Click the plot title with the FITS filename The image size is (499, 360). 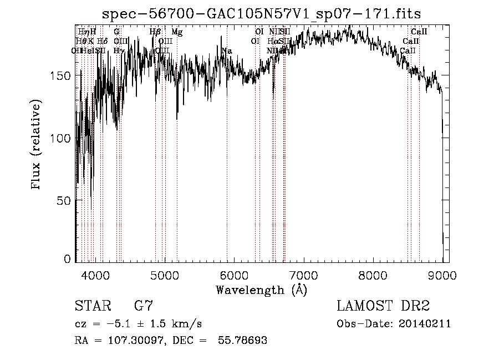pos(262,13)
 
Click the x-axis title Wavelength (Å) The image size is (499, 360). pos(261,290)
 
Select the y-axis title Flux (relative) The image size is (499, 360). pos(37,146)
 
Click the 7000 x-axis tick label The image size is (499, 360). pos(304,275)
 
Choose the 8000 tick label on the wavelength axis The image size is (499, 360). pos(373,275)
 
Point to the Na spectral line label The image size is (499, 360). pos(226,51)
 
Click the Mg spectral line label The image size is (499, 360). pos(177,32)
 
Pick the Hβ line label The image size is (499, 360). pos(155,32)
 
